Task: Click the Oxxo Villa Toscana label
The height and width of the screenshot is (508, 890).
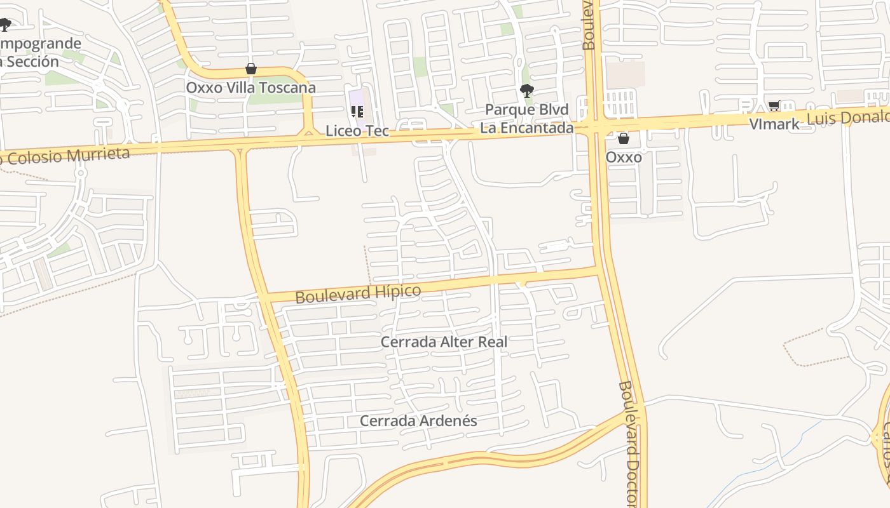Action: [x=250, y=88]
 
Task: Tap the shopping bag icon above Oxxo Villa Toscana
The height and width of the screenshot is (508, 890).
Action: [x=251, y=69]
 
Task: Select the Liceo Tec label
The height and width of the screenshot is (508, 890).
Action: [x=357, y=131]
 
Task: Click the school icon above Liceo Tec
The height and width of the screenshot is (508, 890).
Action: [x=357, y=112]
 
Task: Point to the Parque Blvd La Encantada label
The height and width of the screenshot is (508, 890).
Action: [x=526, y=119]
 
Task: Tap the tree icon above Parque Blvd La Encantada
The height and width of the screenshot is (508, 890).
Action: [x=526, y=91]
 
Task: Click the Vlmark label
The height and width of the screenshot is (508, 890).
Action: [x=774, y=124]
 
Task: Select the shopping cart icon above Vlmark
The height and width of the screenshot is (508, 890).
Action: [x=774, y=107]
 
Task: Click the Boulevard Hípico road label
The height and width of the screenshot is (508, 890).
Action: [x=358, y=294]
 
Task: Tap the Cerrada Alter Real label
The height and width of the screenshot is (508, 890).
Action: [x=444, y=342]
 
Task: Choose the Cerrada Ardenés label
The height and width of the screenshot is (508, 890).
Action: [x=418, y=421]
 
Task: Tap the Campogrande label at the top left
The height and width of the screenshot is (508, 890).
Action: [x=41, y=44]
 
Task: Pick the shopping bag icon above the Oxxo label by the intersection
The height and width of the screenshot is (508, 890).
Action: [x=624, y=138]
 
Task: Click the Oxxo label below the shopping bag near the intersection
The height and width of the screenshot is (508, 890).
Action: [x=624, y=157]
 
